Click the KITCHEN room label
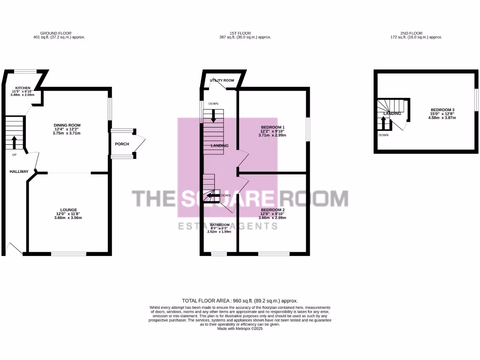pos(22,88)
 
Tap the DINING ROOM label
pos(67,125)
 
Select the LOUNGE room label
pos(68,210)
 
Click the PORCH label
pos(122,144)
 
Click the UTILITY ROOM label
pos(222,80)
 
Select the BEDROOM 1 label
pos(272,127)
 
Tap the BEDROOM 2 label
pos(272,210)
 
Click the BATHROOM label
pos(219,225)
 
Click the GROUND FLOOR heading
pos(59,33)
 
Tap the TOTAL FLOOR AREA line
pos(240,300)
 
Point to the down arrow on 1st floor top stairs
pos(214,115)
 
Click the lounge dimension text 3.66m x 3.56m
pos(68,217)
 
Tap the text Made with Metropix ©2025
pos(240,329)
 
